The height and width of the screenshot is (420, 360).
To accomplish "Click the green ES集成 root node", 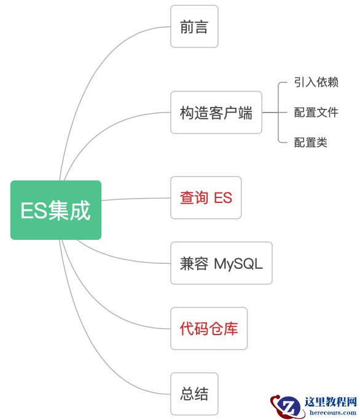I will click(55, 210).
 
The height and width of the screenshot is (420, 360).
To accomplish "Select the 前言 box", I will click(194, 26).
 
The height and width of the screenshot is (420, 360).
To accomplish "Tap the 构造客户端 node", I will click(216, 113).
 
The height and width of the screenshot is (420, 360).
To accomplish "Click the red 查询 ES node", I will click(206, 197).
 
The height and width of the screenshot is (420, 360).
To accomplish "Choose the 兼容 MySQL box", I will click(221, 263).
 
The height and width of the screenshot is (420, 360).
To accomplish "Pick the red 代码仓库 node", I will click(209, 328).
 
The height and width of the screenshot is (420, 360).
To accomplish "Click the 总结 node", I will click(194, 394).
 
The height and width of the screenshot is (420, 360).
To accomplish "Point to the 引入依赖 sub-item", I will click(316, 82).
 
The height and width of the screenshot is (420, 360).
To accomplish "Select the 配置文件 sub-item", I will click(316, 113).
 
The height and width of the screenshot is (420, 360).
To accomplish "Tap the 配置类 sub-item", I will click(310, 143).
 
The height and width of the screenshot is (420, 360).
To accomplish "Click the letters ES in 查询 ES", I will click(222, 197).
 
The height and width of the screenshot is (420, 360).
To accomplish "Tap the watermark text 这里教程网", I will click(331, 403).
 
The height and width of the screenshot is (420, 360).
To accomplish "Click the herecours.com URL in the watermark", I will click(331, 413).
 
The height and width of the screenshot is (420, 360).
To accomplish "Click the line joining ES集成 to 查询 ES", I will click(135, 199).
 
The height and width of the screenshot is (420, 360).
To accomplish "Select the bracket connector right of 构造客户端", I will click(278, 113).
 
